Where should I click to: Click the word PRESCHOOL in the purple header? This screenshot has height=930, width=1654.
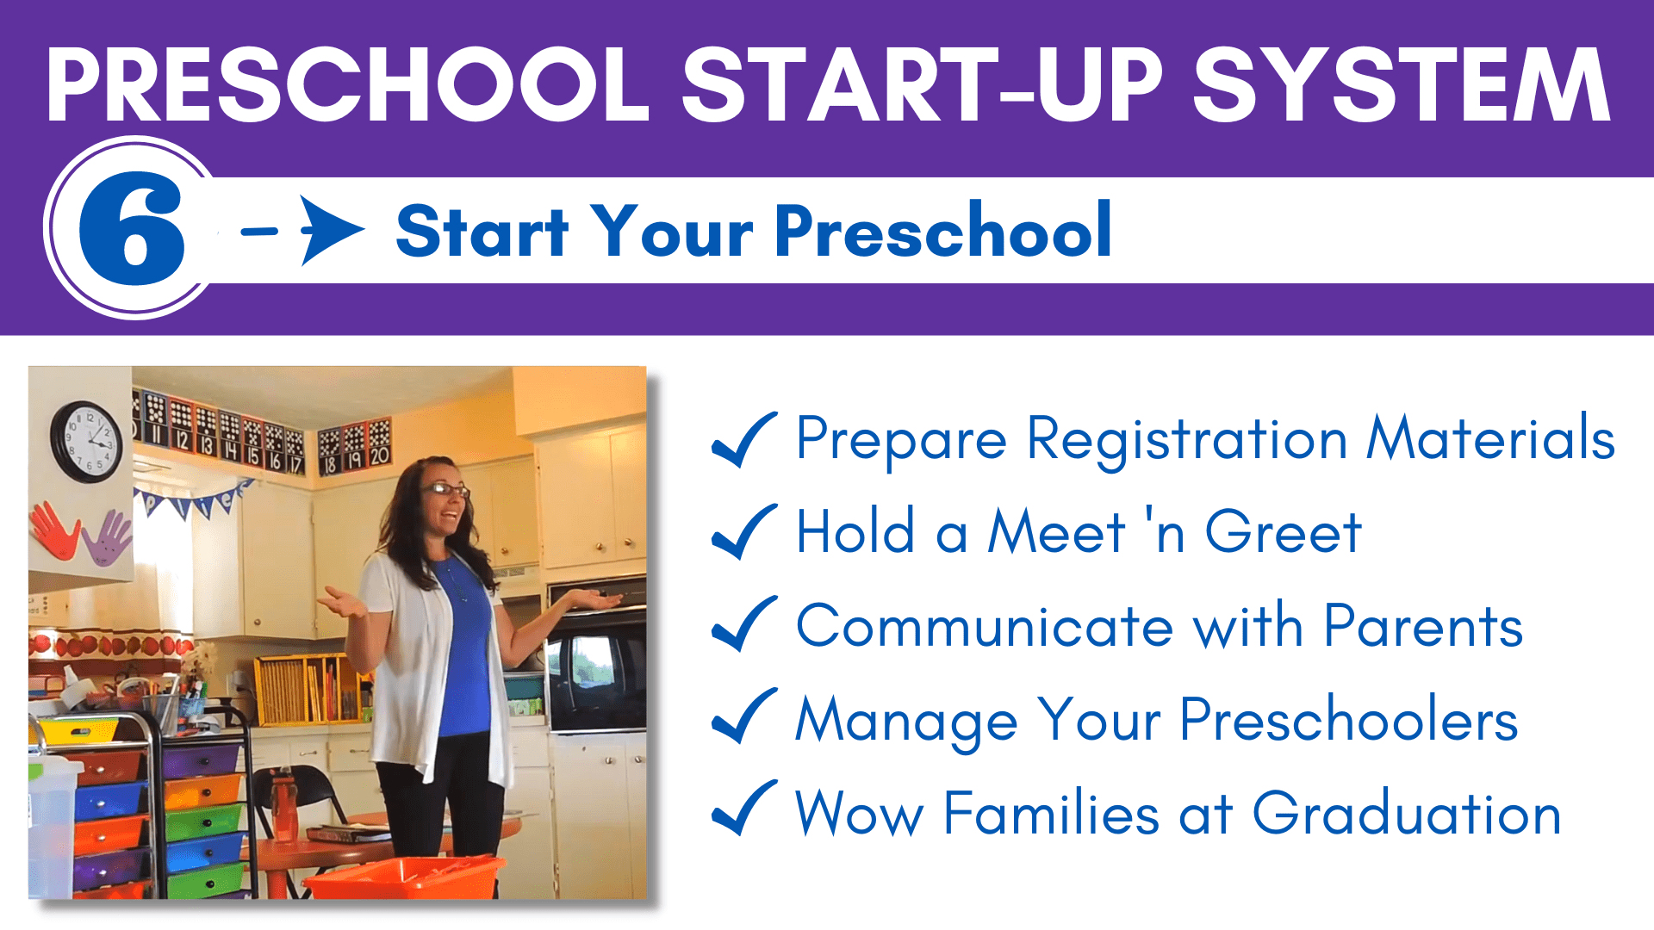(x=347, y=84)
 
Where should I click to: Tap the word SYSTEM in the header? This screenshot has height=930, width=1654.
(x=1402, y=84)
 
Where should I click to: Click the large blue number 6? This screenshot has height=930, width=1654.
(x=132, y=228)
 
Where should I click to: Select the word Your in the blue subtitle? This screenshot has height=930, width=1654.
(x=674, y=231)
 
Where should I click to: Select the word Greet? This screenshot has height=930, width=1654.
(x=1283, y=532)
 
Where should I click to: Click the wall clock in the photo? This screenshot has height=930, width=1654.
(x=86, y=442)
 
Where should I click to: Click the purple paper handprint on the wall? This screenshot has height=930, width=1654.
(x=107, y=537)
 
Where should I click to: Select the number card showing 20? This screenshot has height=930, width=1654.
(x=380, y=444)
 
